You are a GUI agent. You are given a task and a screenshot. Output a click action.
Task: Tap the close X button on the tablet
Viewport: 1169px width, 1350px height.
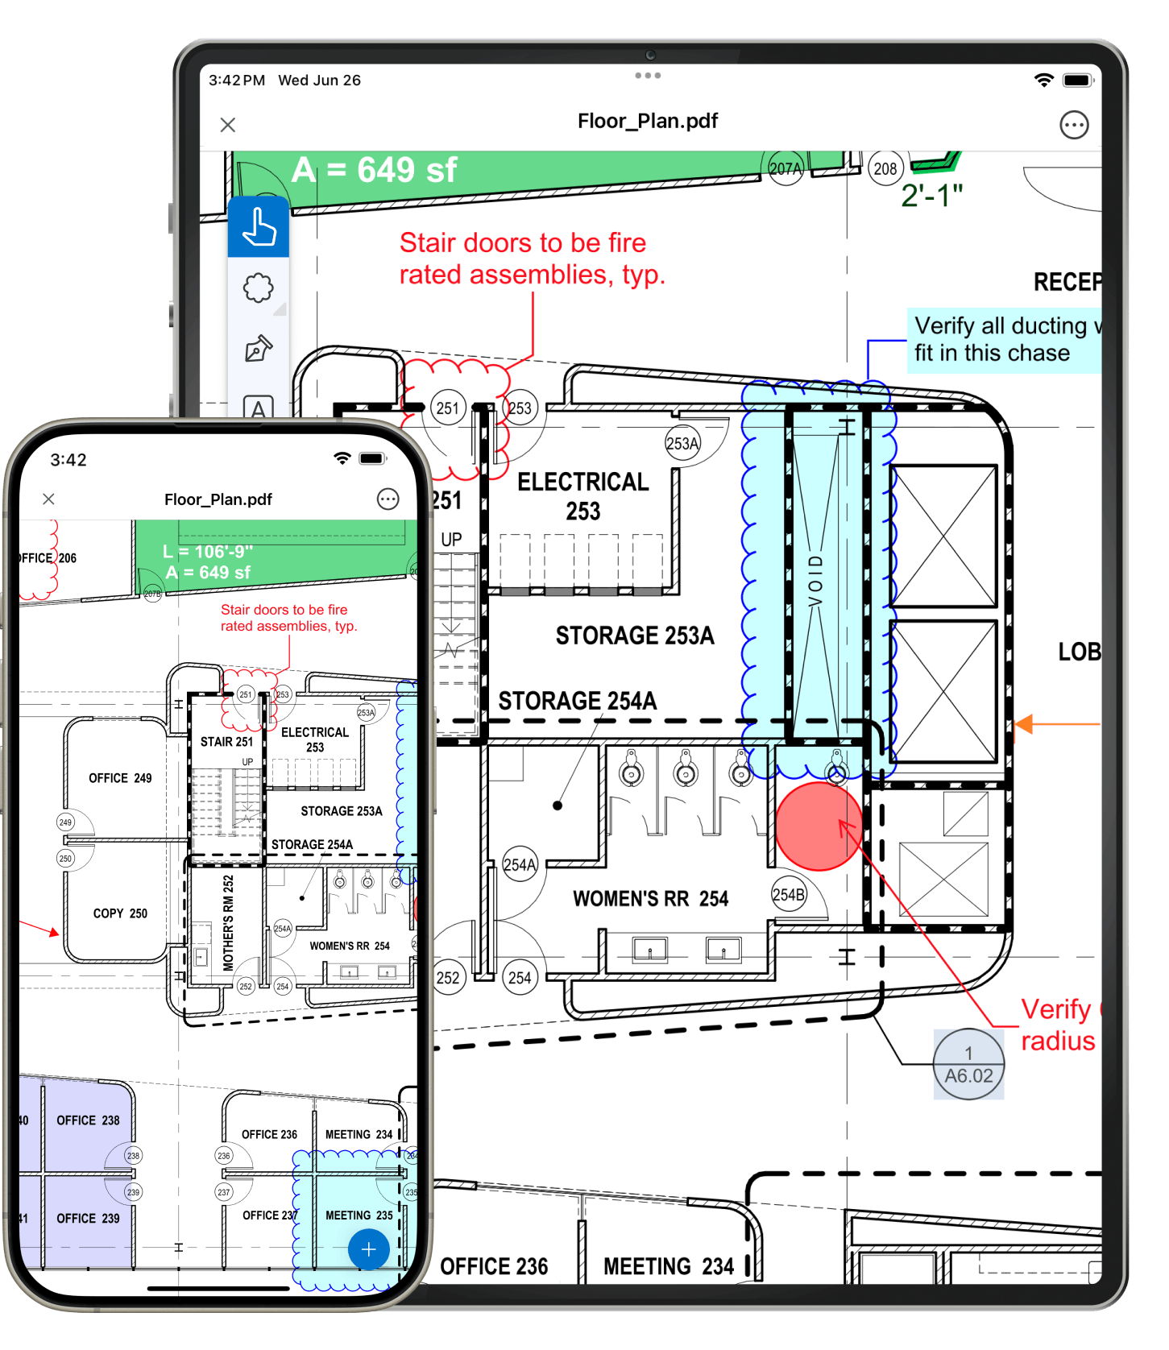point(228,125)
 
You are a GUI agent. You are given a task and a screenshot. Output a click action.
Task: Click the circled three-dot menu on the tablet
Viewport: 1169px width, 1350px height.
point(1073,125)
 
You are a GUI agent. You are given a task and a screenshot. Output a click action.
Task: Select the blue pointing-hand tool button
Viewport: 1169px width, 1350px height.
point(259,226)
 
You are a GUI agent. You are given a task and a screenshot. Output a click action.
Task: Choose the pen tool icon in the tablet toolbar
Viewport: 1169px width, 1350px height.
point(259,349)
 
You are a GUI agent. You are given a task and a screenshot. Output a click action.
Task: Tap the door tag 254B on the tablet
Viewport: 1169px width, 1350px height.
point(788,895)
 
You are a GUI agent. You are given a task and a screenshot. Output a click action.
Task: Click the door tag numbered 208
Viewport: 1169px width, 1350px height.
point(885,168)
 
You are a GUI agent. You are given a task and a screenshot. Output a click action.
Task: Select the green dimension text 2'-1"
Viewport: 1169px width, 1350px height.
point(931,196)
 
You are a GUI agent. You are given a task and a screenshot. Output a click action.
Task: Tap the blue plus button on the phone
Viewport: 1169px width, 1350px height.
point(369,1249)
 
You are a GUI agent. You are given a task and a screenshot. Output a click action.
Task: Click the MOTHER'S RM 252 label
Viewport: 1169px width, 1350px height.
point(228,922)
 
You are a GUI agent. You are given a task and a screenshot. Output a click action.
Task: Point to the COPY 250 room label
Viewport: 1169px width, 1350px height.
point(120,913)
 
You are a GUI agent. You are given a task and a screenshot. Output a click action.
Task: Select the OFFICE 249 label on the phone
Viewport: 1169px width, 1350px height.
point(120,778)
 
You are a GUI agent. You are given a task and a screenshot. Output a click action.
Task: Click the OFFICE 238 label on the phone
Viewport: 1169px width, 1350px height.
point(88,1120)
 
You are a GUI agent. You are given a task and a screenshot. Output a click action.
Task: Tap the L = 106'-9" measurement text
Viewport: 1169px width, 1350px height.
point(208,552)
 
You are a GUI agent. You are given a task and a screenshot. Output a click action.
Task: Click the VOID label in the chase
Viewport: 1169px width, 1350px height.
point(816,580)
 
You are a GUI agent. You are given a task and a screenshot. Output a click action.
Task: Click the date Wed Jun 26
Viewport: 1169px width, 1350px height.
point(319,81)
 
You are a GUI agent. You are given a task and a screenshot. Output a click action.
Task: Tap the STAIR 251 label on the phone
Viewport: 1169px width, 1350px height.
point(226,742)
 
